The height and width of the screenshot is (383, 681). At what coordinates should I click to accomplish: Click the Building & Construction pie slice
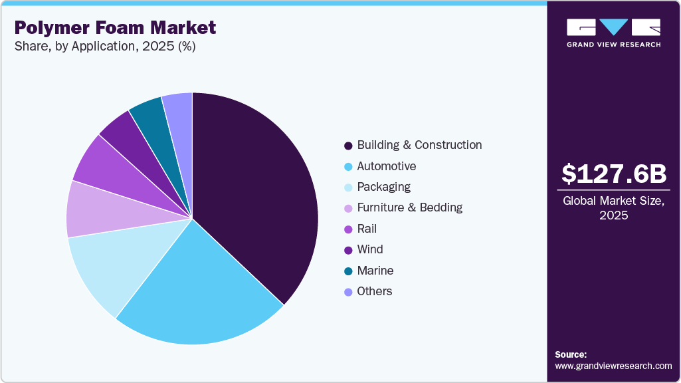pos(256,193)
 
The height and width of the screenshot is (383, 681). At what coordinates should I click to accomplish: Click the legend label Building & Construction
pos(419,145)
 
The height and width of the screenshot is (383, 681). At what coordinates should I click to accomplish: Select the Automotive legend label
pos(386,166)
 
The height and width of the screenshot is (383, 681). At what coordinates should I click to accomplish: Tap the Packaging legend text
pos(383,187)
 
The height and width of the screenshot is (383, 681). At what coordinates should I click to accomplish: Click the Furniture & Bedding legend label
pos(409,207)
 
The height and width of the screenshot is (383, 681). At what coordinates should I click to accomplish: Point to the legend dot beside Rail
pos(348,229)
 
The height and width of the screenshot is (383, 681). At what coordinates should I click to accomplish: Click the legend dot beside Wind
pos(348,250)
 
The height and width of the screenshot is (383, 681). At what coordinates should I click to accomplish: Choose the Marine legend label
pos(375,271)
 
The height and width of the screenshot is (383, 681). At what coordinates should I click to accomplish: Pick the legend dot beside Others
pos(348,292)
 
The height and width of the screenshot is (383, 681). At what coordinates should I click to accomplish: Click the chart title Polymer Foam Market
pos(115,27)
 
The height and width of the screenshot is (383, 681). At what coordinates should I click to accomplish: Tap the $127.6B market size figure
pos(613,174)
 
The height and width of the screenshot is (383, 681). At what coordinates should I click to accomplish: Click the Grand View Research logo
pos(613,33)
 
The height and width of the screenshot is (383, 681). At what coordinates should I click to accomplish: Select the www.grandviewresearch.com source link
pos(613,366)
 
